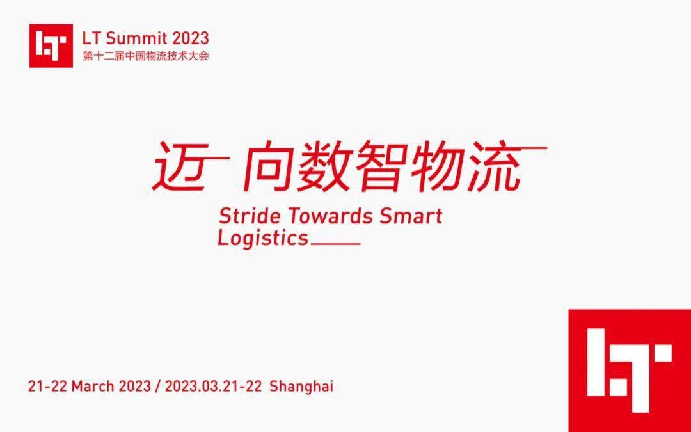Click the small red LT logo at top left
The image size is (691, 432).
pos(51,46)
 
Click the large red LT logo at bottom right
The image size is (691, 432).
pos(630,371)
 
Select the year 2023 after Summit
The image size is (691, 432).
pos(190,38)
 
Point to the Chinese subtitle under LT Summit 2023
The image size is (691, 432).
pos(145,56)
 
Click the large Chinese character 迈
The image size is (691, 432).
pos(180,166)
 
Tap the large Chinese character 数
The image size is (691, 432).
pos(324,166)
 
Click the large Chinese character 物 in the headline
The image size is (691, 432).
pos(436,166)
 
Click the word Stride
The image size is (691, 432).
pos(250,216)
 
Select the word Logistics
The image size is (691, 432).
pos(263,239)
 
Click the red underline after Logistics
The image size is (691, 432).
pos(336,243)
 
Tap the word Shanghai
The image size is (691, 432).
pos(301,386)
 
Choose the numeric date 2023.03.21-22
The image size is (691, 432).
pos(213,386)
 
